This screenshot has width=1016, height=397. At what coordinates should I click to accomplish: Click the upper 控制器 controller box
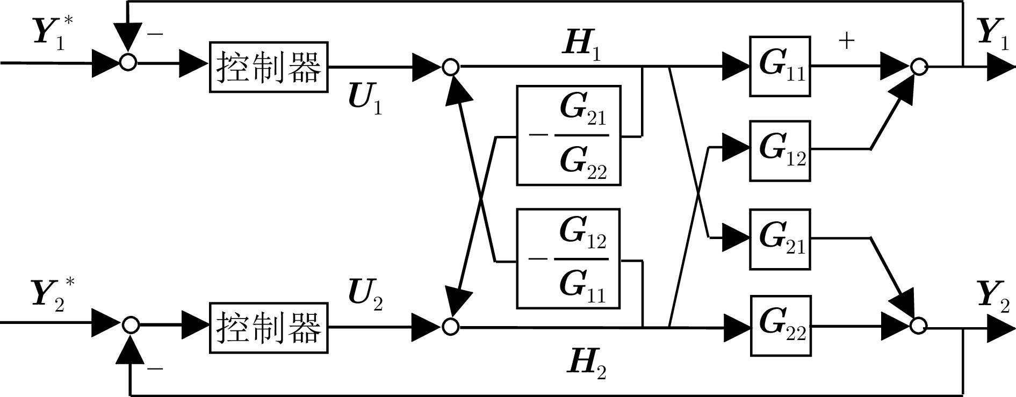tap(269, 67)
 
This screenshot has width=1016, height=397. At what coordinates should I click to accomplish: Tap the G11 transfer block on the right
tap(780, 66)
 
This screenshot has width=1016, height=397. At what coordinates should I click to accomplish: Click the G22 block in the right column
tap(780, 326)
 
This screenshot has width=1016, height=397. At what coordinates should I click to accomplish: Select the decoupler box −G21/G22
tap(568, 135)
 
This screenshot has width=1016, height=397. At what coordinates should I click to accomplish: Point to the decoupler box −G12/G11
tap(568, 258)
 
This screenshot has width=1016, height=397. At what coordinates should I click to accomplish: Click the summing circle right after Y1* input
tap(128, 63)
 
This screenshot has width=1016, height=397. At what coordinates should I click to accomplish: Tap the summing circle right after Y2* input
tap(131, 325)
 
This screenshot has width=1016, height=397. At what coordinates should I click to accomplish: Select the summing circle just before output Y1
tap(919, 67)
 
